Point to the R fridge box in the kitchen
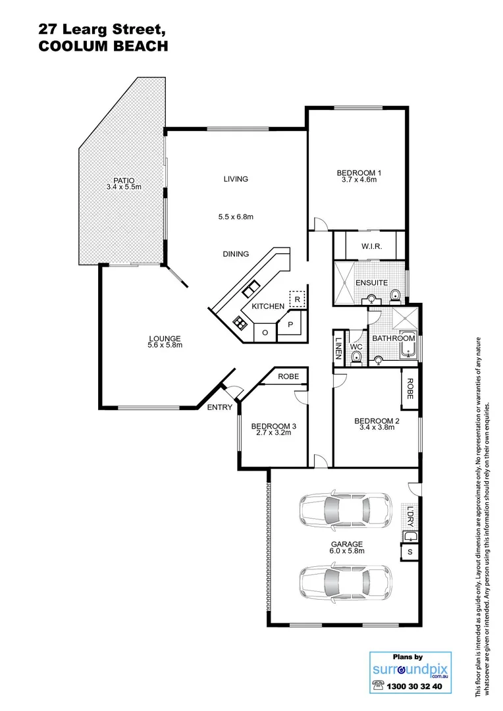point(298,300)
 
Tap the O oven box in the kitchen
point(265,332)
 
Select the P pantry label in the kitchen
point(290,324)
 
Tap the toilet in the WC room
point(356,356)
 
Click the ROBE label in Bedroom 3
point(288,377)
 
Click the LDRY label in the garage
point(410,516)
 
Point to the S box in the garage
point(410,552)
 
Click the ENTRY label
point(219,408)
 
